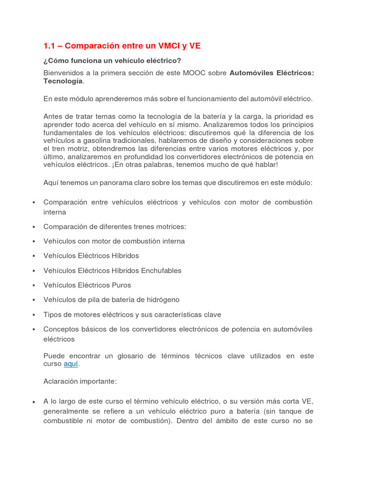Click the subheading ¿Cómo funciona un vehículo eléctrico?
(112, 61)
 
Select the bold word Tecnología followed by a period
(63, 81)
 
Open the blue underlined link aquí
(71, 364)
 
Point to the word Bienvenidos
(63, 73)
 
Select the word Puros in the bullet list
(122, 285)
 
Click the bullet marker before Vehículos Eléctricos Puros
(34, 285)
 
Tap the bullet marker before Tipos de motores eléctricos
(34, 315)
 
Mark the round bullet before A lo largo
(34, 402)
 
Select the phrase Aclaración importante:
(80, 381)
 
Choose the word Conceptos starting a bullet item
(61, 329)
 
